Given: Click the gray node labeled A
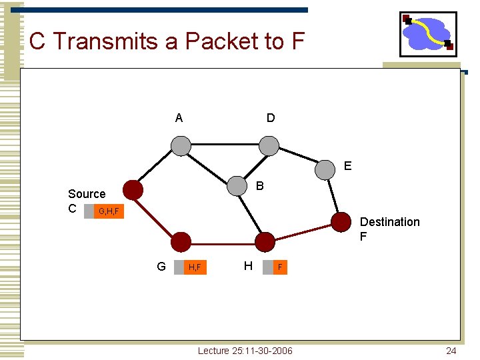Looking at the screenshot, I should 180,145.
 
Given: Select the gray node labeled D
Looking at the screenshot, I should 269,145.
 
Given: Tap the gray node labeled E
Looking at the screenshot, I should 325,169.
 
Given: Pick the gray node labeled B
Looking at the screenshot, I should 237,187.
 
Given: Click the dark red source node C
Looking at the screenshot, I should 133,190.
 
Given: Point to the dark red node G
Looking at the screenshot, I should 180,241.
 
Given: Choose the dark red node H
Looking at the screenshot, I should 265,241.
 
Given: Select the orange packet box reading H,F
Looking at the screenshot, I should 195,267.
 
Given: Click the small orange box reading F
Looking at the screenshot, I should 280,267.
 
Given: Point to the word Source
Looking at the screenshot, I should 87,194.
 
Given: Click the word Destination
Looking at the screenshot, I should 389,222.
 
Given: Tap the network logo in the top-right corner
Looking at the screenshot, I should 428,34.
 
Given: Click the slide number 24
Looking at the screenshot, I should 451,351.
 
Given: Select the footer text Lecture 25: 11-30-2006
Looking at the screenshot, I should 245,351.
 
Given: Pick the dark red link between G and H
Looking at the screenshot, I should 222,241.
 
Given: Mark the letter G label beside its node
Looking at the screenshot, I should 161,267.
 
